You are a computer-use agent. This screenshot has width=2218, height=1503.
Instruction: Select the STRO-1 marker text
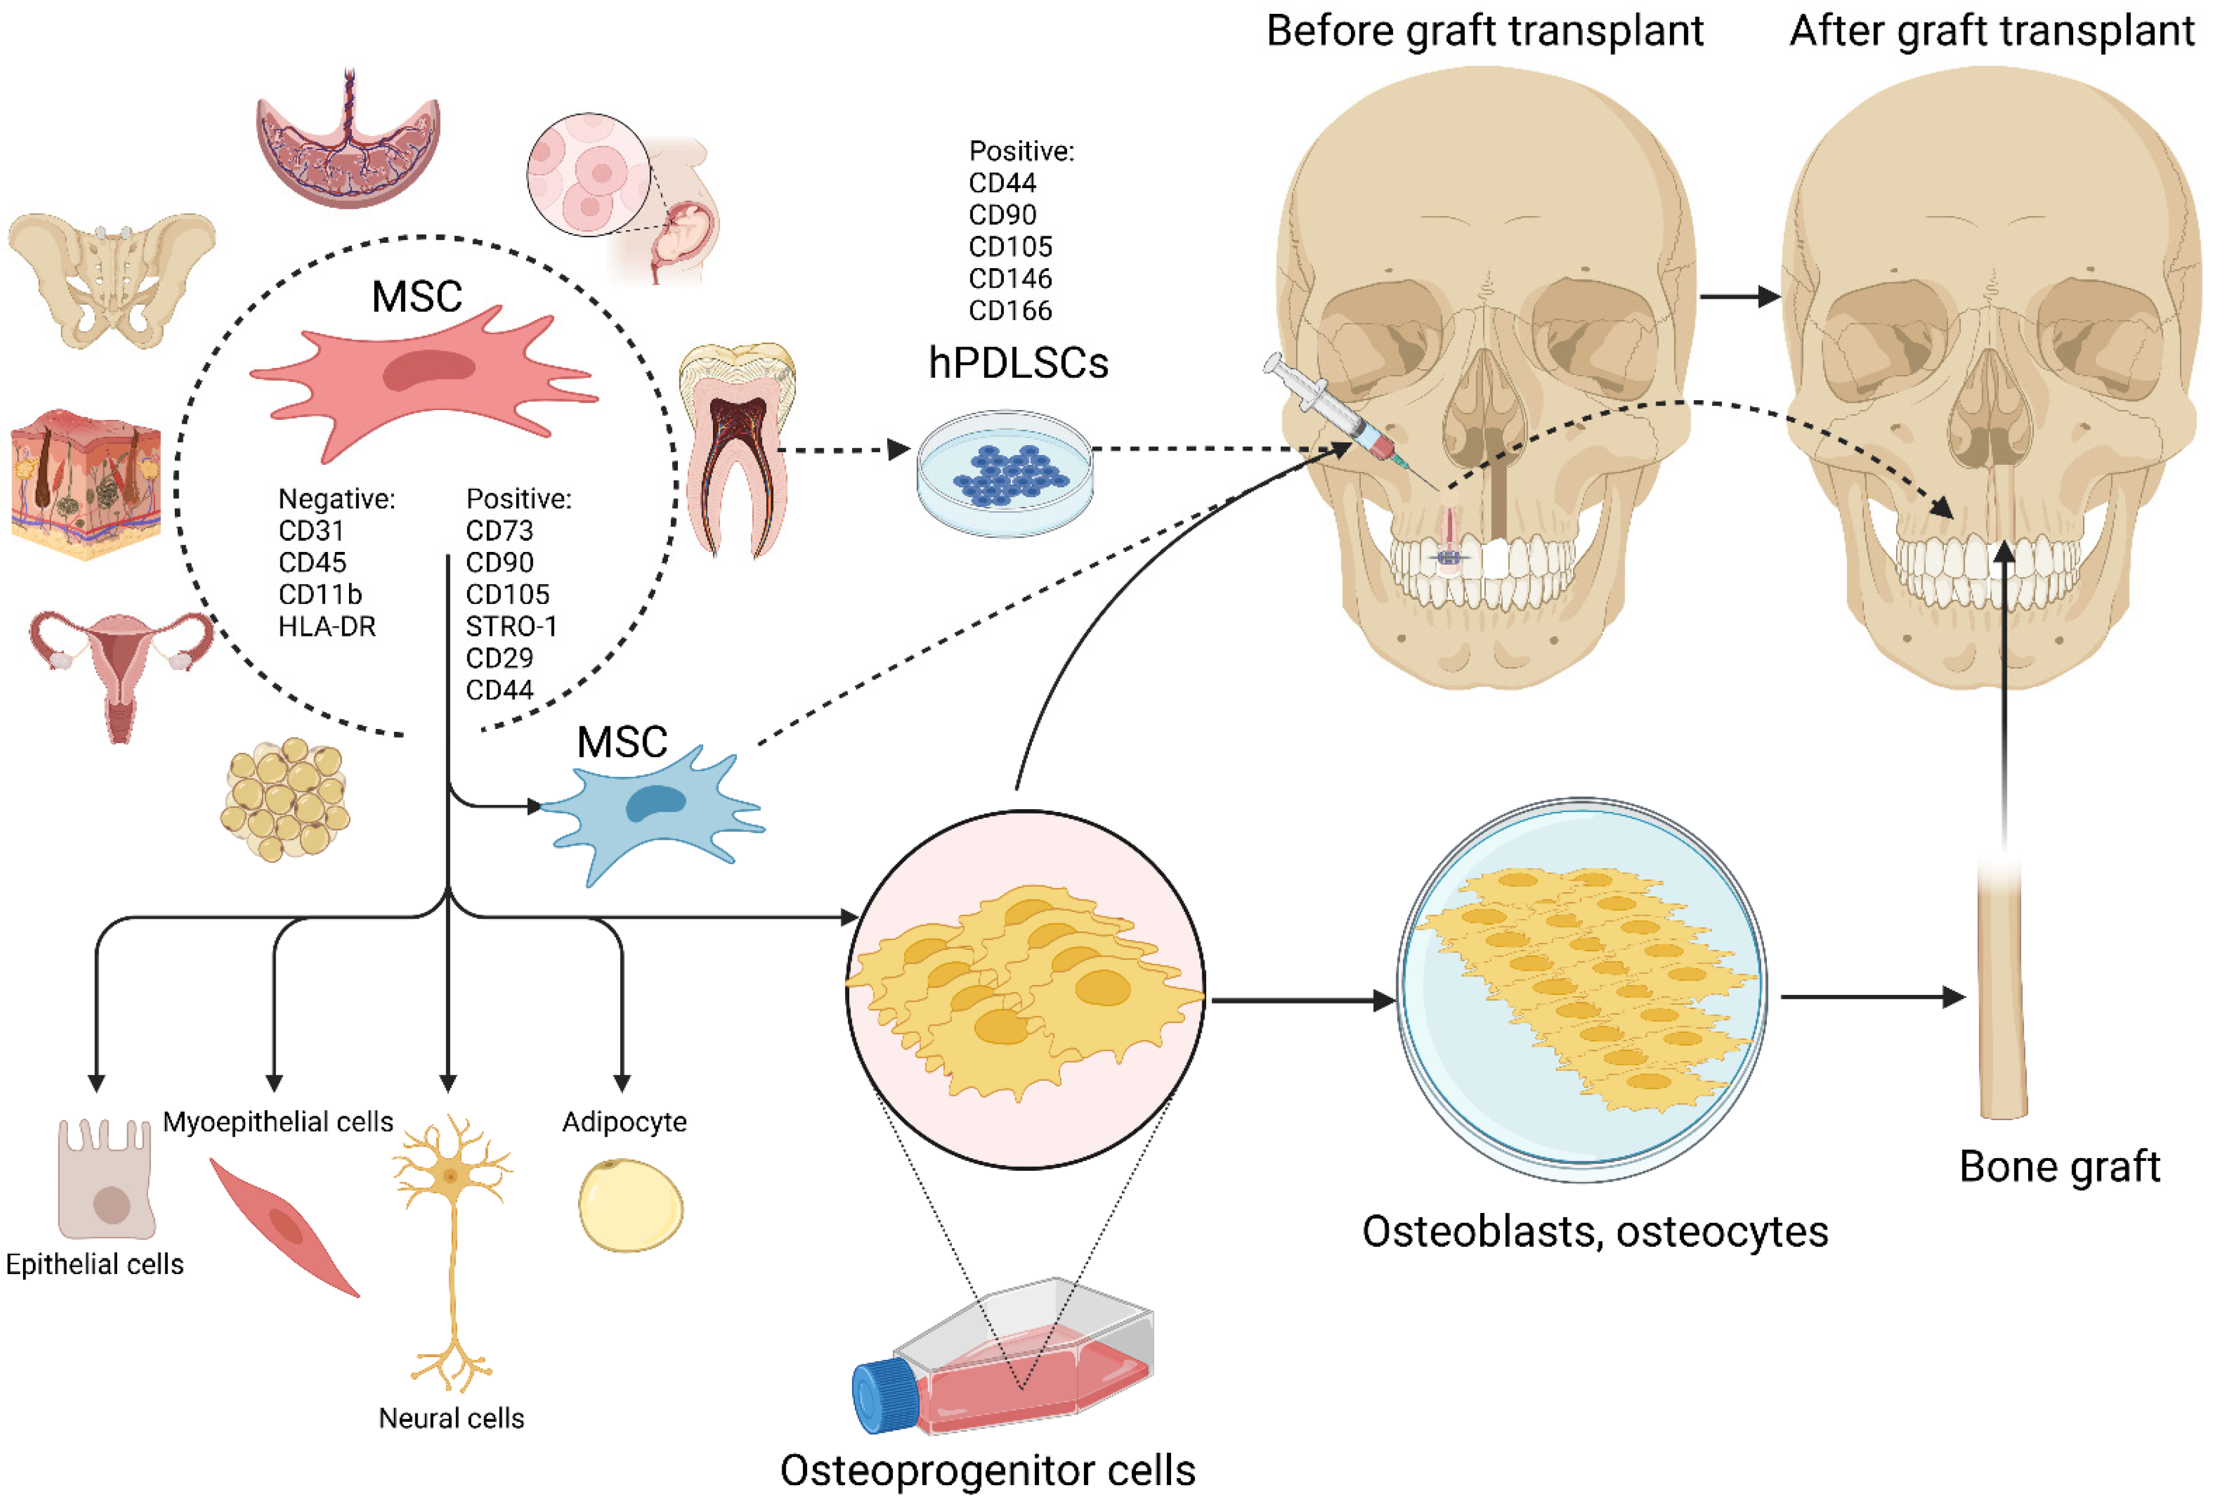point(511,626)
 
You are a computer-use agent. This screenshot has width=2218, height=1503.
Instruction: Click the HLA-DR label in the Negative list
point(326,626)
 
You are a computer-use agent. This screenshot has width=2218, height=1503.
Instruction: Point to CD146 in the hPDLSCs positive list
point(1009,279)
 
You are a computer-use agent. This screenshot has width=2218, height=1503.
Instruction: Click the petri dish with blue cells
point(1004,474)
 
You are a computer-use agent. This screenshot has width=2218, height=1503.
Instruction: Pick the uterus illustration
point(120,668)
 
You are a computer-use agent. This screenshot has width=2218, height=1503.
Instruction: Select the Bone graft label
point(2059,1166)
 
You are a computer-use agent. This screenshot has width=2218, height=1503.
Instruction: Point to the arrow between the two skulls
point(1739,297)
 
